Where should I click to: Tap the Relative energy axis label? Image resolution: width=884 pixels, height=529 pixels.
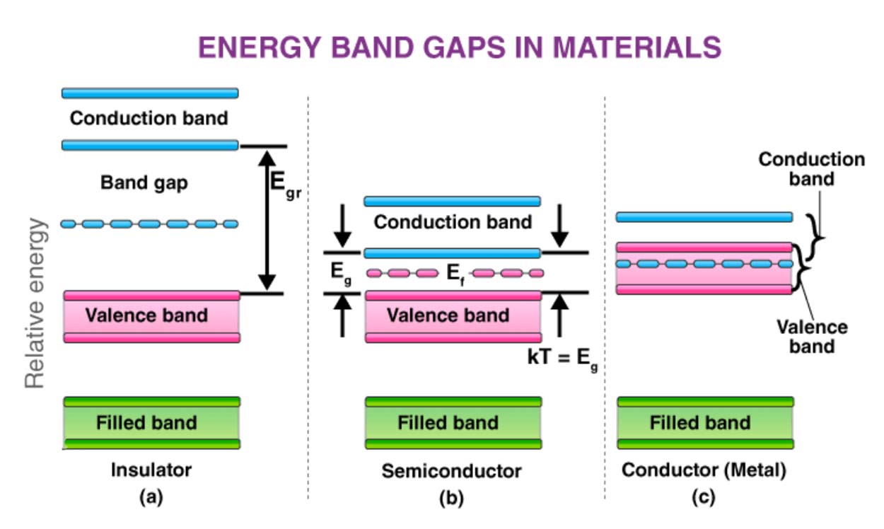click(35, 303)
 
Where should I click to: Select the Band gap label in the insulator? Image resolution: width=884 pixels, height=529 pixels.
click(144, 184)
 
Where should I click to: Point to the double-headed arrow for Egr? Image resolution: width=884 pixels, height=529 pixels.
click(267, 219)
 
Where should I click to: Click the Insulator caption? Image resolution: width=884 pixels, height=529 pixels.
click(151, 470)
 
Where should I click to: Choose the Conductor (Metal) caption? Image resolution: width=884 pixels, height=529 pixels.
click(704, 470)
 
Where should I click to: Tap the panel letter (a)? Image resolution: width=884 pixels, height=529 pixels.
click(151, 497)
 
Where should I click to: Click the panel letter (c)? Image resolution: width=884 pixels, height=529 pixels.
click(703, 497)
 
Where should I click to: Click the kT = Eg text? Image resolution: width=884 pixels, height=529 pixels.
click(562, 358)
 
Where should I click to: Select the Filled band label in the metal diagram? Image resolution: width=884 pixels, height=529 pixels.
click(700, 423)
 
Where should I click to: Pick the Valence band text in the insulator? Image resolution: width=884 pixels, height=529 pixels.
click(147, 315)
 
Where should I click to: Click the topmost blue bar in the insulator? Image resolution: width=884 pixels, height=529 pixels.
click(150, 93)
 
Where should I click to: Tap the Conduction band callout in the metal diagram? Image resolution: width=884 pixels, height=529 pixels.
click(811, 168)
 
